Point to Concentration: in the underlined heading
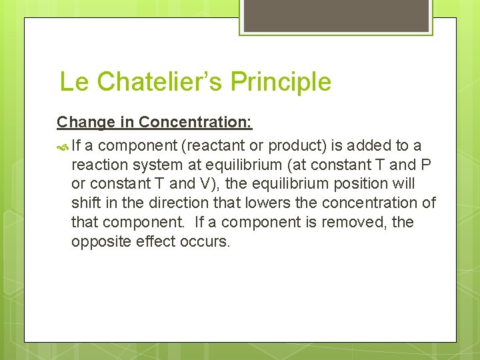[x=195, y=122]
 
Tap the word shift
[x=85, y=203]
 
